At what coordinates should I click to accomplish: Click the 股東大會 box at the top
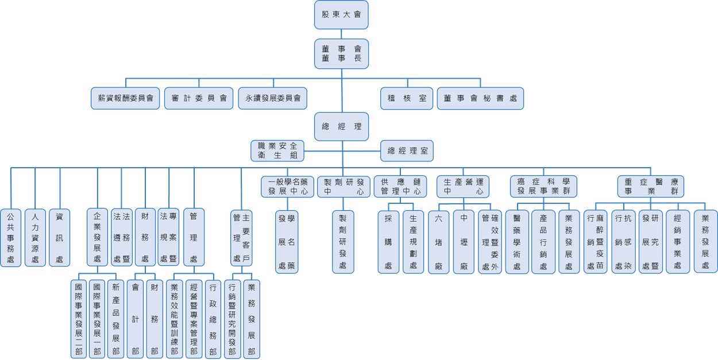(x=341, y=15)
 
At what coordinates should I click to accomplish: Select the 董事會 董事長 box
(x=341, y=53)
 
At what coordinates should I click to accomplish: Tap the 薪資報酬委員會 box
(x=125, y=98)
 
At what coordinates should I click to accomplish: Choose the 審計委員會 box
(x=199, y=98)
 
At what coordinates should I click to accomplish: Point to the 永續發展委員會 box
(x=273, y=98)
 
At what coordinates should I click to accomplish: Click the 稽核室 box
(x=407, y=98)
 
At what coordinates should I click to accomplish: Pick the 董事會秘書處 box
(x=480, y=98)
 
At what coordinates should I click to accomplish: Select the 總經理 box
(x=341, y=126)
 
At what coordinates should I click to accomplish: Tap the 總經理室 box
(x=407, y=151)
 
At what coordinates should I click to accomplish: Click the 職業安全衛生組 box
(x=277, y=151)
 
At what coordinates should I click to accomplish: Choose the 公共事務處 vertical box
(x=10, y=238)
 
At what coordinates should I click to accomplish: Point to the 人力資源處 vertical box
(x=35, y=238)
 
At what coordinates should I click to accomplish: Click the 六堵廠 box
(x=439, y=242)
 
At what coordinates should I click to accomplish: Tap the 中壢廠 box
(x=464, y=242)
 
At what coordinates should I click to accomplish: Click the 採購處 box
(x=388, y=242)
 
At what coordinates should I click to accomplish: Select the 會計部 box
(x=135, y=319)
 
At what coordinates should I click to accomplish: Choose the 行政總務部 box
(x=213, y=319)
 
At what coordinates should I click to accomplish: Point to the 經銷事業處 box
(x=678, y=242)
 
